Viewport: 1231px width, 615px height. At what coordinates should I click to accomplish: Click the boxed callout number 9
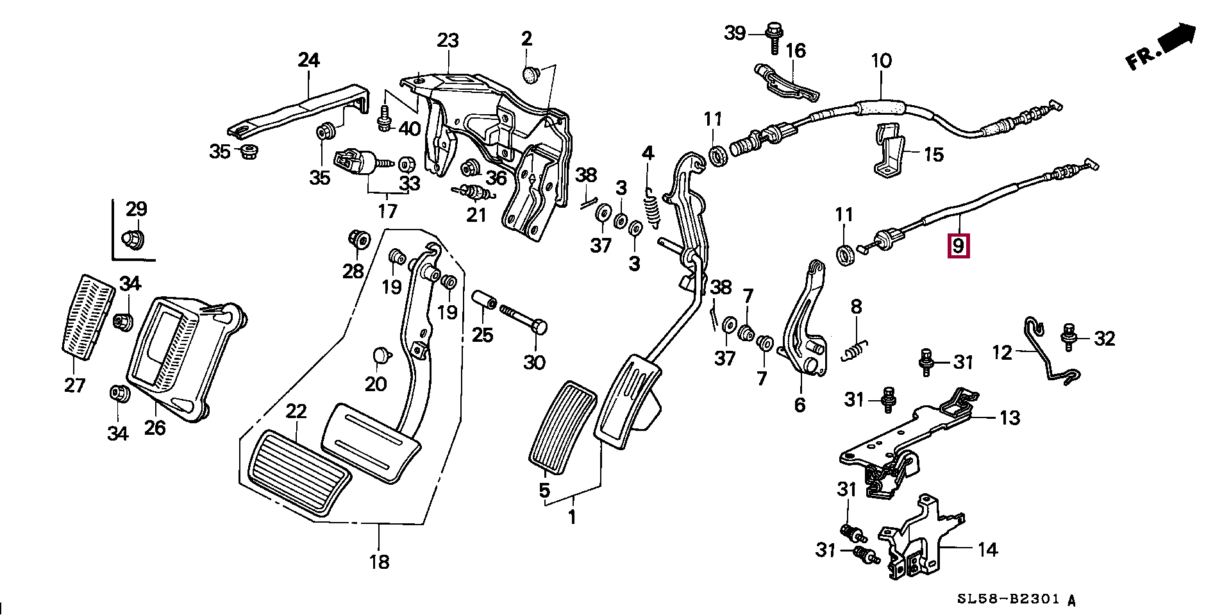(958, 245)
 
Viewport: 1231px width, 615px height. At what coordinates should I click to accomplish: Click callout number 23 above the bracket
(448, 41)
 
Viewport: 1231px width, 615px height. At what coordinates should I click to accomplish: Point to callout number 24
(308, 61)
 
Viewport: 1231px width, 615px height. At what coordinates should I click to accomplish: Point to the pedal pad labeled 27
(88, 318)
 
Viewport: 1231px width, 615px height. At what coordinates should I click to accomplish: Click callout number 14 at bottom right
(987, 550)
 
